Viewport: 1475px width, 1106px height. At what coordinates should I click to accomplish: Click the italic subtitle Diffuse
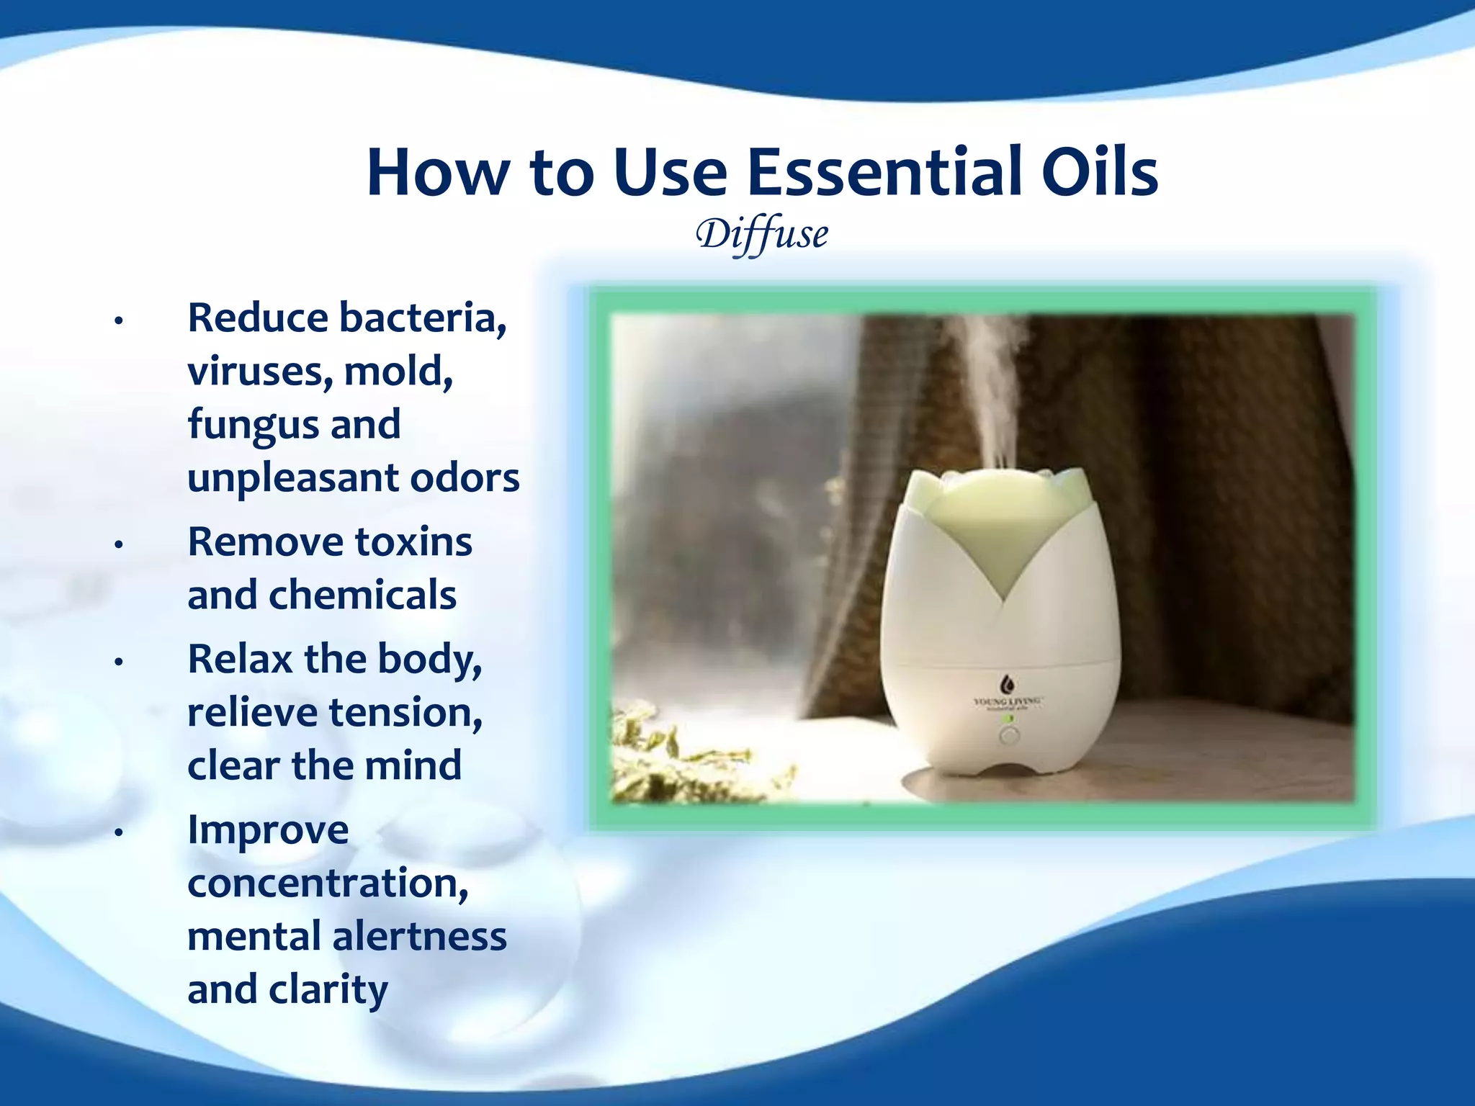pos(762,235)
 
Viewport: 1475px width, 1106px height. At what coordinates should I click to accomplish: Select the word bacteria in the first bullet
pos(423,318)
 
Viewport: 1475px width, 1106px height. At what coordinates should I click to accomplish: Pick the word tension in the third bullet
pos(405,713)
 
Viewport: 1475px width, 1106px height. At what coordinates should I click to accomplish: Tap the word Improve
pos(268,830)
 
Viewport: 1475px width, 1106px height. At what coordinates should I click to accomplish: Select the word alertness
pos(419,937)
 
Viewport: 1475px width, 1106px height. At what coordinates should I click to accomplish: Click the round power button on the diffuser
pos(1010,737)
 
